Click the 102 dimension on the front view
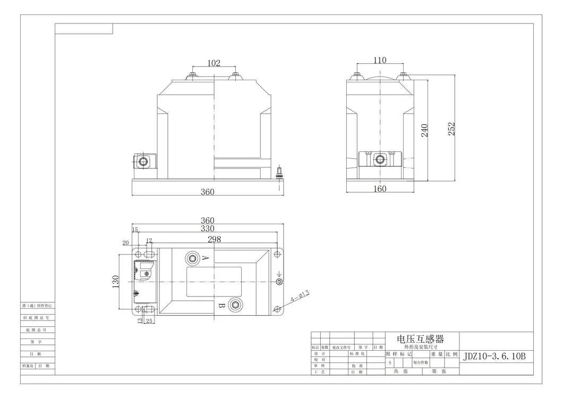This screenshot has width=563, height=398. click(x=213, y=63)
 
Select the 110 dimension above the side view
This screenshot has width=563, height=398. click(x=380, y=61)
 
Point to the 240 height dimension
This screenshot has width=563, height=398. click(x=425, y=131)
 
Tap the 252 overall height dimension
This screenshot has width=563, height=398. click(x=451, y=129)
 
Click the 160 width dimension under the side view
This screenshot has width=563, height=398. click(x=380, y=189)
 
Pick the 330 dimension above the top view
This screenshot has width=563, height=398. click(x=207, y=230)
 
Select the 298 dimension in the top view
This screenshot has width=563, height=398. click(x=214, y=240)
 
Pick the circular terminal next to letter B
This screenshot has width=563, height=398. click(x=235, y=304)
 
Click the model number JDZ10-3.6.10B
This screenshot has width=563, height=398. click(x=494, y=356)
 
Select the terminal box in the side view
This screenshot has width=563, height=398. click(x=380, y=159)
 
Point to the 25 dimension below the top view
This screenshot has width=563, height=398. click(x=149, y=320)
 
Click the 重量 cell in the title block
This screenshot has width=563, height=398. click(x=437, y=353)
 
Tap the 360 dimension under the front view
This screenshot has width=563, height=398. click(x=208, y=192)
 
